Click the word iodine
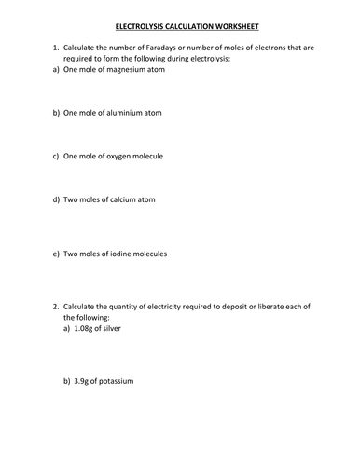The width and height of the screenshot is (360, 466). (122, 254)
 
